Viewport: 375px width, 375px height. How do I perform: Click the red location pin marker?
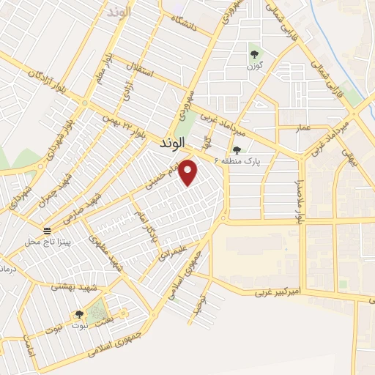(x=189, y=172)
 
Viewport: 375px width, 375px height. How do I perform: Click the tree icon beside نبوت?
(x=78, y=313)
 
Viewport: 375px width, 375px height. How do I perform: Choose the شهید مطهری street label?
(x=105, y=252)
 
